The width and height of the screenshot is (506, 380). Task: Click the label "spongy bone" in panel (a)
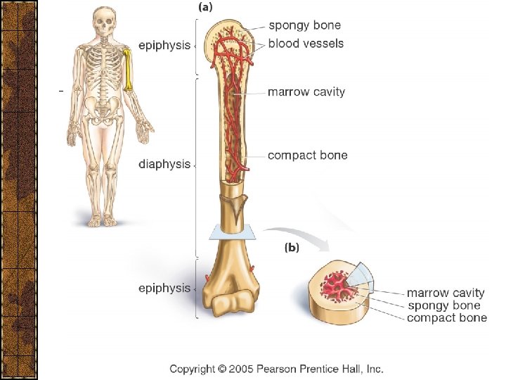point(306,26)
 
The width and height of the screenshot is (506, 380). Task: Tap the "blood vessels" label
point(306,43)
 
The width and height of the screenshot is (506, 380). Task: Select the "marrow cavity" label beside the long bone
point(306,91)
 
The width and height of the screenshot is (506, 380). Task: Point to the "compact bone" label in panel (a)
point(307,155)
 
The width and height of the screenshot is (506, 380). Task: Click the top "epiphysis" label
point(164,45)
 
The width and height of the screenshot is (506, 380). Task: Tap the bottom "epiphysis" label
point(164,288)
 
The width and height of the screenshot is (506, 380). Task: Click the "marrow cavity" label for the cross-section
point(446,293)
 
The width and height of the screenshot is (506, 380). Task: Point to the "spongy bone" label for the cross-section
point(443,305)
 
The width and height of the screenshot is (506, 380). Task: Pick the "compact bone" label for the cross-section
point(446,318)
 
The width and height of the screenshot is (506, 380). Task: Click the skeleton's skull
point(105,25)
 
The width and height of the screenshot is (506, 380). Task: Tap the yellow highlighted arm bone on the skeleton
point(129,70)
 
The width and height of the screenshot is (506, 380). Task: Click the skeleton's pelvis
point(104,109)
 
